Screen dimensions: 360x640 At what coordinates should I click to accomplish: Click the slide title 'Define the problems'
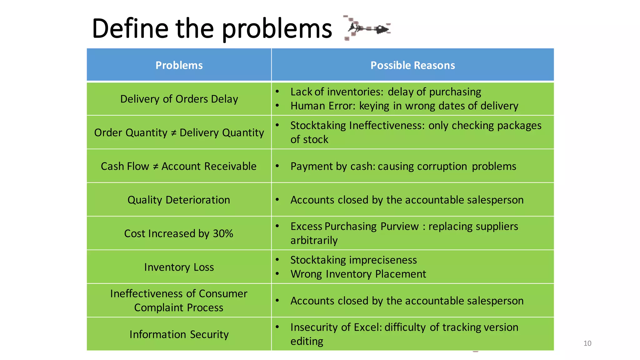212,29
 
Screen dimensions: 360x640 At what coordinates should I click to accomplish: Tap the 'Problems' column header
179,65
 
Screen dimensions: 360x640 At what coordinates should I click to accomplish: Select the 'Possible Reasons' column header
412,65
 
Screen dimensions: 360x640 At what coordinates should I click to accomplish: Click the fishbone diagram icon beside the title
367,28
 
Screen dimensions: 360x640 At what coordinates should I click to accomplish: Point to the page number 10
587,343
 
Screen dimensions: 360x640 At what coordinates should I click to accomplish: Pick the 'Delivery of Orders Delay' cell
179,99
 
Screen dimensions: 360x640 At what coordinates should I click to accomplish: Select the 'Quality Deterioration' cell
179,200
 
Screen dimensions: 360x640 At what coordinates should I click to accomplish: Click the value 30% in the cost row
223,234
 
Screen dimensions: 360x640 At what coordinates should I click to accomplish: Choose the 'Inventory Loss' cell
179,267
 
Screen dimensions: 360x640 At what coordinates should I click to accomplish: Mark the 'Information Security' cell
179,334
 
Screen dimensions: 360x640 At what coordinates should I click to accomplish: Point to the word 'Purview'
400,226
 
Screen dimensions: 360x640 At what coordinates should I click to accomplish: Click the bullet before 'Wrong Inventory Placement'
277,274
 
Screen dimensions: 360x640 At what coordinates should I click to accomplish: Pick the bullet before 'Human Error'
277,106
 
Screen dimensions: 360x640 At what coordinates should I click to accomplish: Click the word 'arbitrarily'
314,241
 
